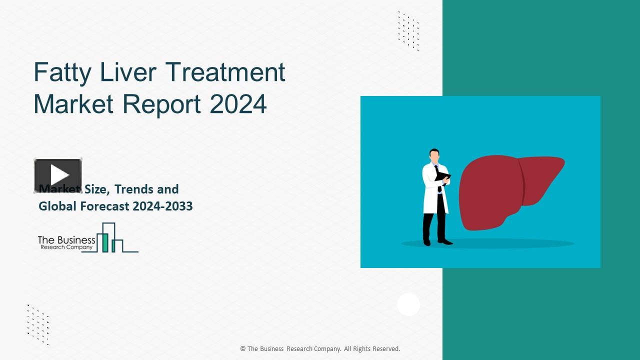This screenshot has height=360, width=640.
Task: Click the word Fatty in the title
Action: click(62, 73)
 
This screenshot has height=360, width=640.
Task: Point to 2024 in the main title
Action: click(238, 104)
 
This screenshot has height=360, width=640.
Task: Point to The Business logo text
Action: click(66, 240)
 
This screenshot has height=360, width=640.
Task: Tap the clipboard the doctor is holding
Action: click(443, 176)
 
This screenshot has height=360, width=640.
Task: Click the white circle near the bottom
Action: click(408, 304)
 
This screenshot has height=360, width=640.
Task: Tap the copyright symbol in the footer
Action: click(242, 349)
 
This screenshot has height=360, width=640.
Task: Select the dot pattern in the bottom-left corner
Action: click(38, 324)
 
